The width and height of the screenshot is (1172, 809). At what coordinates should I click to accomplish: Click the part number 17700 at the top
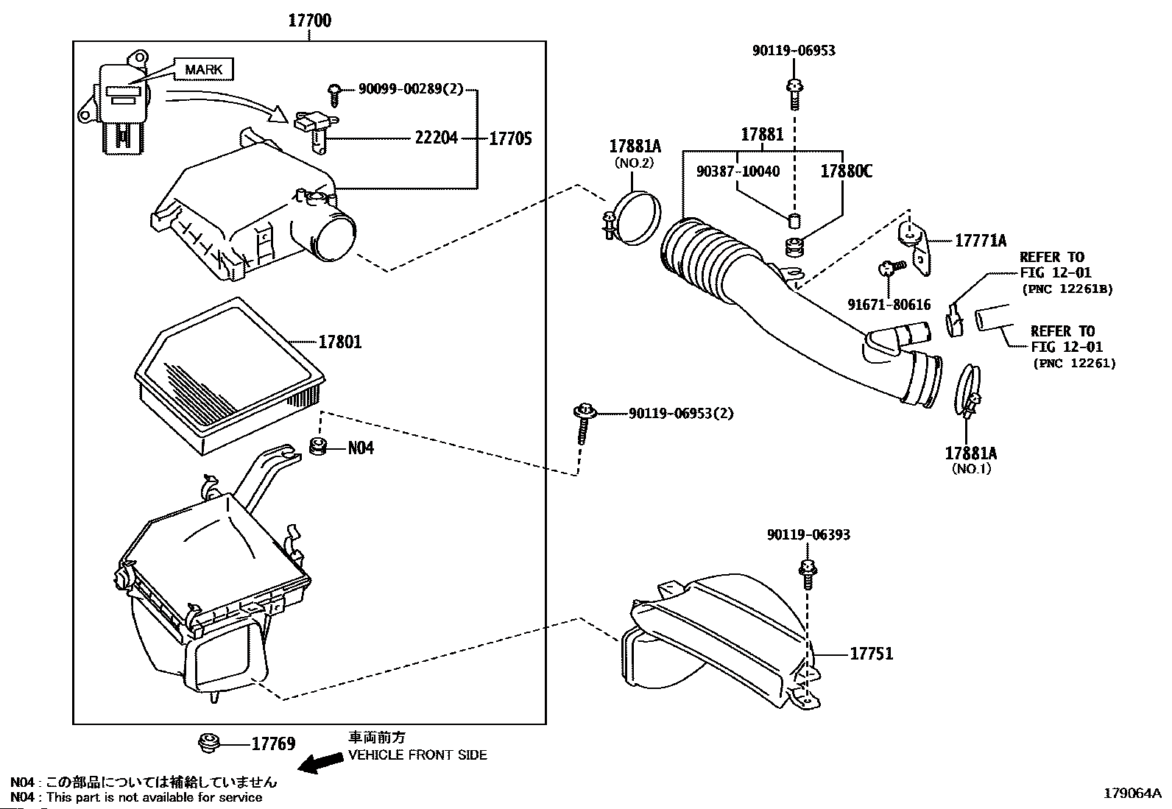[x=309, y=21]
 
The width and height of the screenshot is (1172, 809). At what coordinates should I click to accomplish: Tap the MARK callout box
[x=203, y=70]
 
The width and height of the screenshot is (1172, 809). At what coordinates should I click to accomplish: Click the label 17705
[x=510, y=138]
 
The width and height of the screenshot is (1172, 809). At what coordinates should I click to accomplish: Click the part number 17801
[x=339, y=342]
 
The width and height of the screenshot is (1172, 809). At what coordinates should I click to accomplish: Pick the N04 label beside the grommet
[x=361, y=447]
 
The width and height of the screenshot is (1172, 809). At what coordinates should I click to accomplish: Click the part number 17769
[x=273, y=744]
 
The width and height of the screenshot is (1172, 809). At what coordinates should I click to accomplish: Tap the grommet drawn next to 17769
[x=210, y=743]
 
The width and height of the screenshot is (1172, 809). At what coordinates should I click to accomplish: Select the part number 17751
[x=872, y=654]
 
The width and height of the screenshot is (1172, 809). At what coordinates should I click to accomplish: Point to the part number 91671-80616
[x=889, y=305]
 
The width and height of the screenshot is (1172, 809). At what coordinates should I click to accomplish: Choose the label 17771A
[x=981, y=240]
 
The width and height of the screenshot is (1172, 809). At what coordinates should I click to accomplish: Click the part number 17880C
[x=847, y=172]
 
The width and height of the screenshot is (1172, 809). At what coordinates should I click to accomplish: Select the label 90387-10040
[x=738, y=172]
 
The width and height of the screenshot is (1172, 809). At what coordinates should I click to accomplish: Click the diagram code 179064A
[x=1132, y=794]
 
